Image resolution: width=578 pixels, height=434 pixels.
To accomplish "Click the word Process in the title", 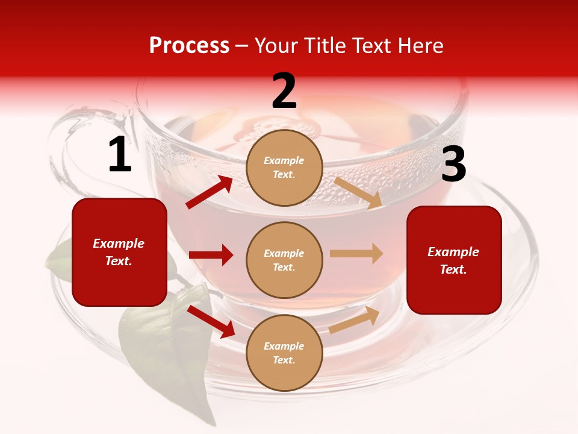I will [x=189, y=46].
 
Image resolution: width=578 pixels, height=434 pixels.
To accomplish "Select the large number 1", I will [x=120, y=155].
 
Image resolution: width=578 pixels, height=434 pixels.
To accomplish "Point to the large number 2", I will [x=284, y=91].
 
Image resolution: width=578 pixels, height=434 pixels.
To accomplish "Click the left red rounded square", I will [x=119, y=252].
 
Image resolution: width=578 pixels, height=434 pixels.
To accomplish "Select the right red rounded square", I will [x=454, y=260].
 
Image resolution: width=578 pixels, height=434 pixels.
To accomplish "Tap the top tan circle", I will [x=284, y=168].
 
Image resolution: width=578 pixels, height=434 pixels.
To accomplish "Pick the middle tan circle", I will [x=284, y=260].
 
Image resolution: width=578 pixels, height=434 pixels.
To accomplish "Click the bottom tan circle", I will [x=284, y=353].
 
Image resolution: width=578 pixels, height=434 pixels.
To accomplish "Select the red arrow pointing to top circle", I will [x=210, y=192].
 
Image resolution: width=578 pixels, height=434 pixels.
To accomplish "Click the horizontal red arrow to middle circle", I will [x=211, y=255].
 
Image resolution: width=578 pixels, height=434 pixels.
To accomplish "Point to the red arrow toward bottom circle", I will [x=211, y=321].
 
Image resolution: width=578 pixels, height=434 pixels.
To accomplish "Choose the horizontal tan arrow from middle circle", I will [x=356, y=253].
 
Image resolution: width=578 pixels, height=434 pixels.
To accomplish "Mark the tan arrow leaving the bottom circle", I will [x=355, y=320].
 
